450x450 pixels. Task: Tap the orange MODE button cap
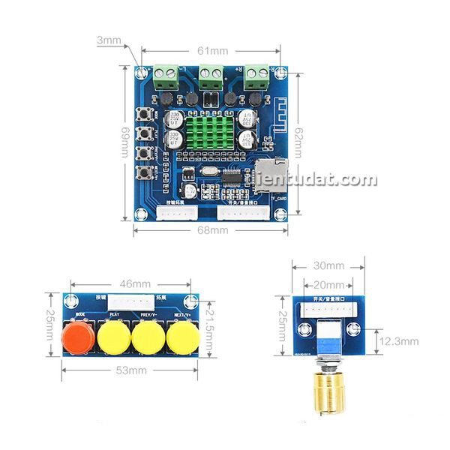(x=78, y=337)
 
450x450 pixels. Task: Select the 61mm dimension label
(x=212, y=50)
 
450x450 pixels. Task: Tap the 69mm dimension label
(x=126, y=141)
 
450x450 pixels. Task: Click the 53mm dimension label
(x=130, y=370)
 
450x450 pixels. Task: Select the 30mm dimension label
(x=328, y=265)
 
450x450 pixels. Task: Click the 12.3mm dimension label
(x=397, y=340)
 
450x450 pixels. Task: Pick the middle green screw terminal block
(x=211, y=73)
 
